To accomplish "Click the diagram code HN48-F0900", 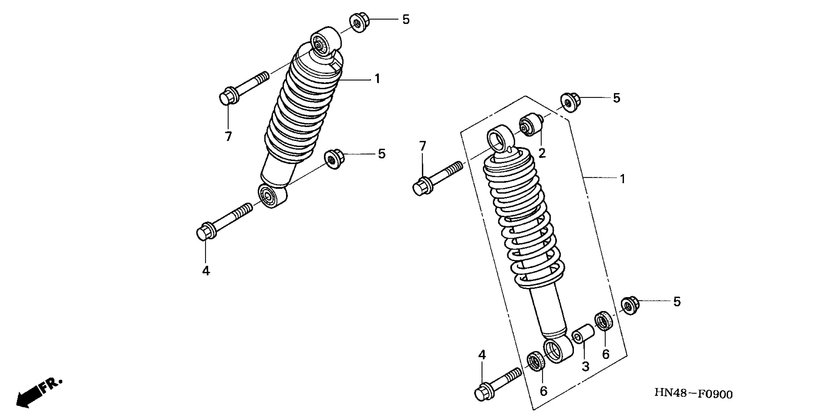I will [x=693, y=394].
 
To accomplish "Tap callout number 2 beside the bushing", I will [x=542, y=153].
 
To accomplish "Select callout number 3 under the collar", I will [x=585, y=367].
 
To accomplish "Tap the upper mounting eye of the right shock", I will [x=500, y=138].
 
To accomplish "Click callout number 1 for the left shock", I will [x=377, y=78].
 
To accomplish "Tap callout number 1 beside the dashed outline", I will [x=622, y=179].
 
